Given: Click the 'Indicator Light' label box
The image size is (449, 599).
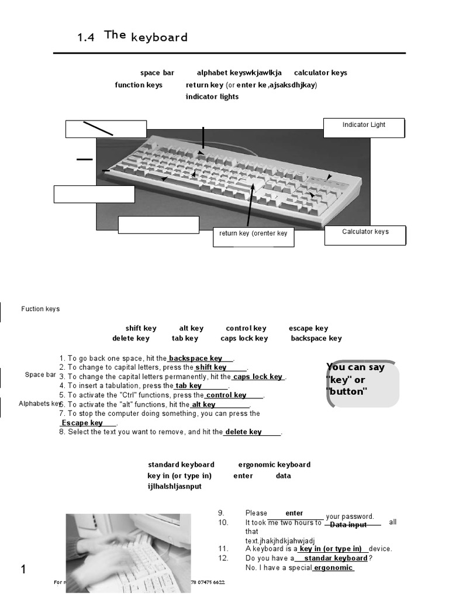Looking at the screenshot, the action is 364,128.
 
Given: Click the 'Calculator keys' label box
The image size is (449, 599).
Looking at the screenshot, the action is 365,235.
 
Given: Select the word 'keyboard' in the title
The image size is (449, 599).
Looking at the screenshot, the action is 160,37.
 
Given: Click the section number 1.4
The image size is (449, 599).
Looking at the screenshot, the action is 85,38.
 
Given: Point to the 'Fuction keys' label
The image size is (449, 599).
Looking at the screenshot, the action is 40,309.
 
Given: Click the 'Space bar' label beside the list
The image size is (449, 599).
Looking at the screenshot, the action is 40,374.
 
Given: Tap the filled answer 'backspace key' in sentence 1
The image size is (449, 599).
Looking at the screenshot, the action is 195,358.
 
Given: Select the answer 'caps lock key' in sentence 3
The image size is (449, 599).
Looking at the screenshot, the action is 258,377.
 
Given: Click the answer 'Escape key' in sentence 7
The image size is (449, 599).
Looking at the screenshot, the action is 82,423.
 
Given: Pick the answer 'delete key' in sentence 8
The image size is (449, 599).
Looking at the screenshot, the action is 243,432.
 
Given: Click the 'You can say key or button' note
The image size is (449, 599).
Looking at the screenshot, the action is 362,384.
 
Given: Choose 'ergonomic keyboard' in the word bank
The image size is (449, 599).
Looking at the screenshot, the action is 274,464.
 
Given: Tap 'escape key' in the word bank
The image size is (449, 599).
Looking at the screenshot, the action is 308,328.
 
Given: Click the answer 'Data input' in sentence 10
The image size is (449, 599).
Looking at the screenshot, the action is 348,525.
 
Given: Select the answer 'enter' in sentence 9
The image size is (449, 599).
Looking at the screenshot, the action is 294,513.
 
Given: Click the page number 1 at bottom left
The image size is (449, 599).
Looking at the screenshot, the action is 24,570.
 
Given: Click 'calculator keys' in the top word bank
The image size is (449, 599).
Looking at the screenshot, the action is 320,73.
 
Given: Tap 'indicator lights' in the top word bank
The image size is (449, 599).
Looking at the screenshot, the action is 212,97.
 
